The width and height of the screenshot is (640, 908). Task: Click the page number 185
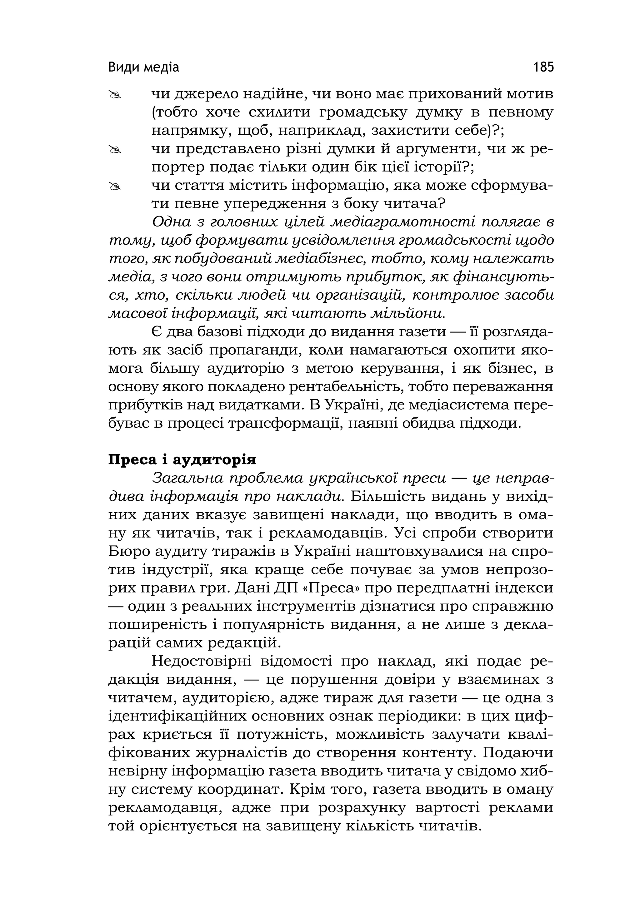tap(543, 67)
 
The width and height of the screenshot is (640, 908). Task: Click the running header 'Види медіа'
tap(143, 67)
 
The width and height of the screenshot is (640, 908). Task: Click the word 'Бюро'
tap(126, 552)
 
